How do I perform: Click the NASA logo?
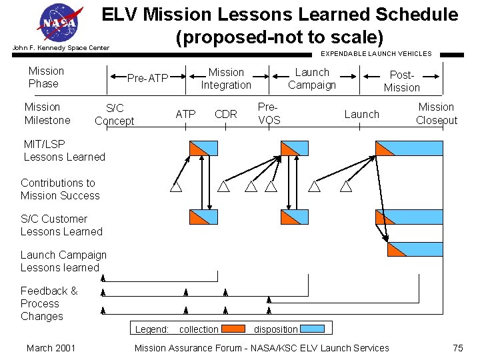[x=61, y=23]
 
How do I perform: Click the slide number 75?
[x=457, y=347]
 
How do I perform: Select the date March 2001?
[x=51, y=347]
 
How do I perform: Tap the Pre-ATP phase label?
[x=147, y=78]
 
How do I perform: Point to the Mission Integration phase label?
[x=226, y=78]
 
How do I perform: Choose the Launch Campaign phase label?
[x=312, y=78]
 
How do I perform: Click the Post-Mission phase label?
[x=401, y=81]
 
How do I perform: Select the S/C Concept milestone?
[x=114, y=114]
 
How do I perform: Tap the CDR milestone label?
[x=226, y=114]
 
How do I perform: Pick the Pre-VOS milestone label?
[x=269, y=113]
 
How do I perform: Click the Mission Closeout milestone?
[x=436, y=113]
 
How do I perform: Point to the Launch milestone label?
[x=361, y=114]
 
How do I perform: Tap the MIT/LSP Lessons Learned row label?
[x=64, y=150]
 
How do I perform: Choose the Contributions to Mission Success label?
[x=60, y=189]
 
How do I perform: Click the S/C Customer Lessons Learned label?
[x=61, y=225]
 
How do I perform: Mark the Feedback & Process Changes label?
[x=49, y=303]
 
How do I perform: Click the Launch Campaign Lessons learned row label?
[x=63, y=261]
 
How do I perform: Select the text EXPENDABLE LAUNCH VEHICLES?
[x=376, y=53]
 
